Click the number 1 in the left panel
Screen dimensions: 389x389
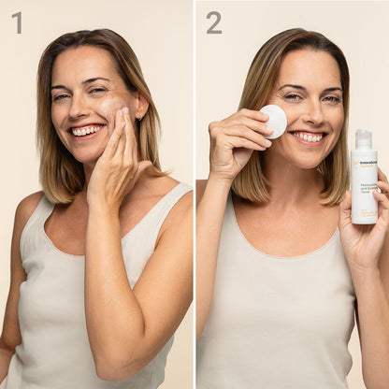pyautogui.click(x=17, y=22)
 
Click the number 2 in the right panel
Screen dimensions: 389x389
pyautogui.click(x=214, y=22)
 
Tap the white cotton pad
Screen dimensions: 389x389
pyautogui.click(x=274, y=121)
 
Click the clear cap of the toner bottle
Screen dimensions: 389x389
pyautogui.click(x=364, y=140)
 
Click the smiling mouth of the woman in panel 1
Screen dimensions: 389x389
pyautogui.click(x=87, y=130)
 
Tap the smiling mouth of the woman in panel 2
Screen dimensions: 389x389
pyautogui.click(x=308, y=137)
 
